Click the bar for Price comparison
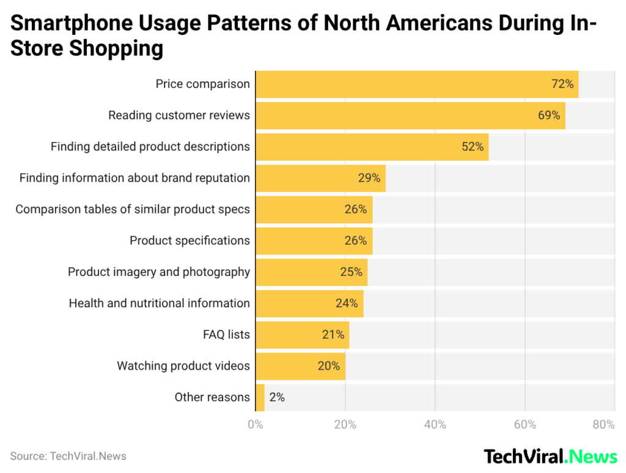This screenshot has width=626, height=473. [416, 84]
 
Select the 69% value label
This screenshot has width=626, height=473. [548, 115]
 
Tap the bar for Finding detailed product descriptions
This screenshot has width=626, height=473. [372, 147]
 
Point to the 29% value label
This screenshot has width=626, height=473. [369, 178]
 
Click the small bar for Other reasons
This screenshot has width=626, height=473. [260, 397]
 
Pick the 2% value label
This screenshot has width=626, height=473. [277, 397]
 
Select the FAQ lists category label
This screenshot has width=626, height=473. [226, 335]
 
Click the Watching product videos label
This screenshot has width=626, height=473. [183, 366]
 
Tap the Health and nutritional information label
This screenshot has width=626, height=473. [159, 303]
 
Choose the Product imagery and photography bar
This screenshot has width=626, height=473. [311, 272]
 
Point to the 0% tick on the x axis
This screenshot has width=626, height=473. [255, 425]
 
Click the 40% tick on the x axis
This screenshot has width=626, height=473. [435, 425]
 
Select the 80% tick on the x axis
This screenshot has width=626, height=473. [603, 425]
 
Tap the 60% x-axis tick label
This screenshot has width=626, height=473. [525, 425]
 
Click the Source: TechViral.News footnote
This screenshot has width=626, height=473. [68, 456]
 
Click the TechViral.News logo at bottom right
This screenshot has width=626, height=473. [550, 456]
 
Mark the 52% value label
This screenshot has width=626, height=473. [472, 147]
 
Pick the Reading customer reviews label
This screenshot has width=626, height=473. [179, 115]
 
